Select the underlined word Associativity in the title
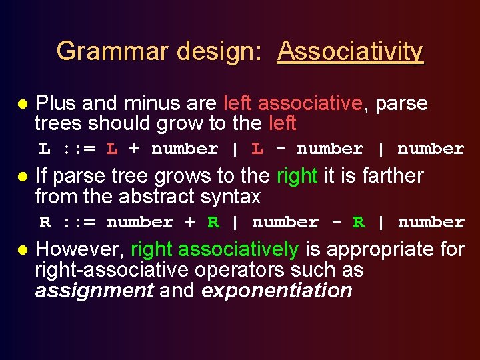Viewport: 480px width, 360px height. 350,51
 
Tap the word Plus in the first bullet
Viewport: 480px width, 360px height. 56,103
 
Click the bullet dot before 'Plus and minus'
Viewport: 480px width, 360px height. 22,105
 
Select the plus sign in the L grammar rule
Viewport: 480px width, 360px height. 134,149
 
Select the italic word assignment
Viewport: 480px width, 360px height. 94,291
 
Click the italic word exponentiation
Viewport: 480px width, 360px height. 276,291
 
